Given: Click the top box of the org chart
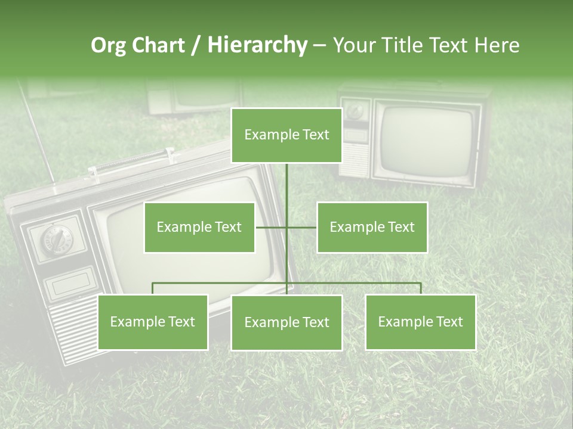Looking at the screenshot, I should tap(286, 135).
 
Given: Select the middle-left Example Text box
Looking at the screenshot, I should tap(199, 227).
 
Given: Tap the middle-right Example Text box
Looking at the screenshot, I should tap(372, 227).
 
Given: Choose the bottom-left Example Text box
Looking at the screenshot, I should tap(153, 322).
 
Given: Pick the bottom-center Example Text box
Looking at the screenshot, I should tap(286, 322).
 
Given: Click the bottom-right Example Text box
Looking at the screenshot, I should tap(421, 322).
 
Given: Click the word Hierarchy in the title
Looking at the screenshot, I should tap(257, 45).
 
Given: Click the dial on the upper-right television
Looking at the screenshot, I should tap(356, 111).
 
